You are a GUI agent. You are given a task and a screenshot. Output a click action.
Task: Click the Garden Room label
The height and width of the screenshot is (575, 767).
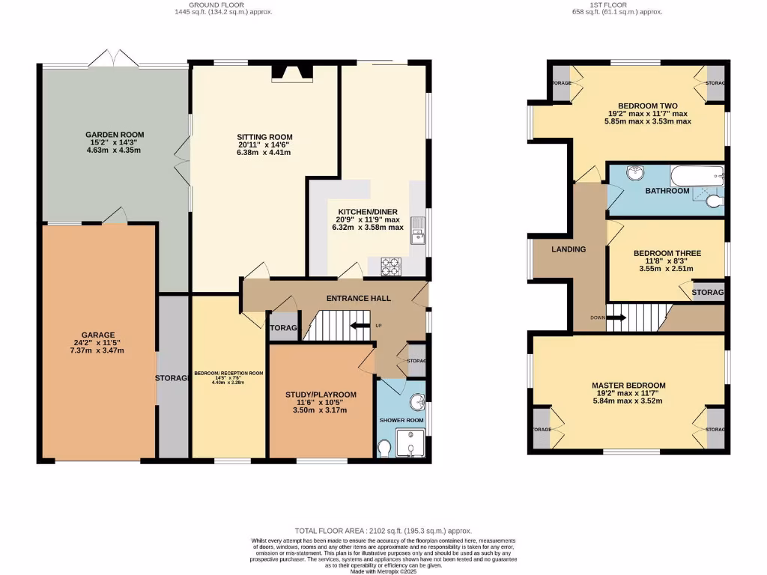114,135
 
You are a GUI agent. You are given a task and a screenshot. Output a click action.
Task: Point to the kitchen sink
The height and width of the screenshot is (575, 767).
416,236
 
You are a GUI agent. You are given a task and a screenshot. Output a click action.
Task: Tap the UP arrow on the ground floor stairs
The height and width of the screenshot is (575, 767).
361,326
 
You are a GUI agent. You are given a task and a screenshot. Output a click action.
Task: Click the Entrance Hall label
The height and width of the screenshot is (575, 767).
358,299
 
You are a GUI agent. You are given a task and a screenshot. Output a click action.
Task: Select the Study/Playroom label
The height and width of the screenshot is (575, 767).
321,395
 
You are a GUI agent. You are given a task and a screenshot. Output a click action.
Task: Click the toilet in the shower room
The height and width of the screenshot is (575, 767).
384,448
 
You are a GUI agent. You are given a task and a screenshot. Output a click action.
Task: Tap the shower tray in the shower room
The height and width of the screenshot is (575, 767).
410,443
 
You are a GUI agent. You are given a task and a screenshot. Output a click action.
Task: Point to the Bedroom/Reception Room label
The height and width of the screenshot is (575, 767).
228,373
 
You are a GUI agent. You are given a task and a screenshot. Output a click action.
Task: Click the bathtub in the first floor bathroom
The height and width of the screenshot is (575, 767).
697,177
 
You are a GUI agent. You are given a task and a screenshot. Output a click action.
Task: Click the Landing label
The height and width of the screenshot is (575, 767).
569,249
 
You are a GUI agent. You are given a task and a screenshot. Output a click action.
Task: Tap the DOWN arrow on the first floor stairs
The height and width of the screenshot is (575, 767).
616,317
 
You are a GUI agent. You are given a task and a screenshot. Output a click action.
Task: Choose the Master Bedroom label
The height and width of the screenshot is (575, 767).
630,386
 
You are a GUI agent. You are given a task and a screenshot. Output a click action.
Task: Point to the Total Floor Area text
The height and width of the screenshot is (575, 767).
383,529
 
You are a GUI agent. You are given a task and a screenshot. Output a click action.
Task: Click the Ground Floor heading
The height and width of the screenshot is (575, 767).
220,4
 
